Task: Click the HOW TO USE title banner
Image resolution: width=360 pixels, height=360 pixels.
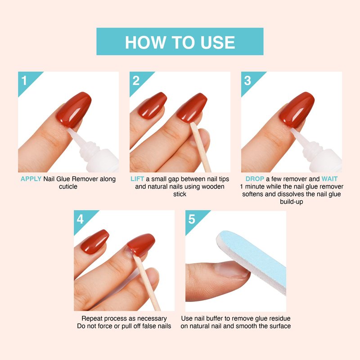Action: coord(180,41)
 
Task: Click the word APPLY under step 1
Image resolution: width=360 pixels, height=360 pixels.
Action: coord(31,179)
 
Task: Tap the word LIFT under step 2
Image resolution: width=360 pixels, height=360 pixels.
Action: coord(137,179)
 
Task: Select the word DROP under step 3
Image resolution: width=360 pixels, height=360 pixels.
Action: coord(255,179)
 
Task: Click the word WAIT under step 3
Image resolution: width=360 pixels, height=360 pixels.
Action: coord(329,179)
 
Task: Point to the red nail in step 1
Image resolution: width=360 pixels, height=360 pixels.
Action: coord(74,110)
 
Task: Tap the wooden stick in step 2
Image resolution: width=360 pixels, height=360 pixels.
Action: coord(200,147)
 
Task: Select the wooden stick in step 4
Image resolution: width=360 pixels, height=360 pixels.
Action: coord(147,283)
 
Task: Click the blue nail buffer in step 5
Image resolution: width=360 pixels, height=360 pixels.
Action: coord(252,262)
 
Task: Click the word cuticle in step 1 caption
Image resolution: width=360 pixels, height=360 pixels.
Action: coord(68,186)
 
